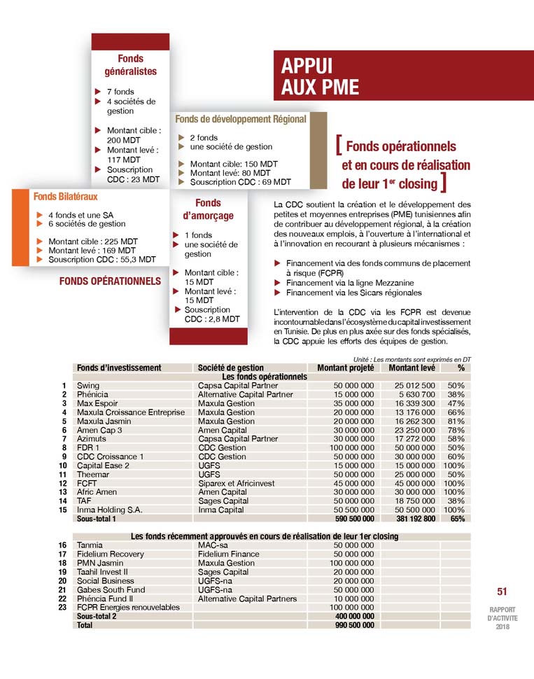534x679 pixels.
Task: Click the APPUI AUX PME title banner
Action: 320,76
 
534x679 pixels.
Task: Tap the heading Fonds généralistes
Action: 130,65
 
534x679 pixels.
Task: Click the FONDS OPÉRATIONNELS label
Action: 111,281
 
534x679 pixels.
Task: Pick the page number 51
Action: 501,591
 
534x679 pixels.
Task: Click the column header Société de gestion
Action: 231,367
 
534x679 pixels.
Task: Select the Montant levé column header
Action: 412,367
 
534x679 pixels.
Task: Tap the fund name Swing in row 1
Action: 88,386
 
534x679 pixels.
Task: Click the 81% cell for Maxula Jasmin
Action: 456,421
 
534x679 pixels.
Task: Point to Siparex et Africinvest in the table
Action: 237,484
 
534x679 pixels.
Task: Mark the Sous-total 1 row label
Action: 97,519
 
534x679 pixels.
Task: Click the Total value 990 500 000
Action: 351,625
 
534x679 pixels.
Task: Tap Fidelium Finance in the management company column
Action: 229,554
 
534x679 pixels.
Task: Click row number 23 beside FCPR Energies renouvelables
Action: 63,608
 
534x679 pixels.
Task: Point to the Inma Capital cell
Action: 221,510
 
